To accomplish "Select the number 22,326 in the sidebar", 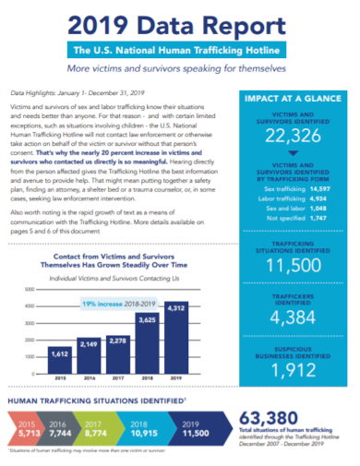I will [297, 137].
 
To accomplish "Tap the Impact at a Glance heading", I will [297, 99].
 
